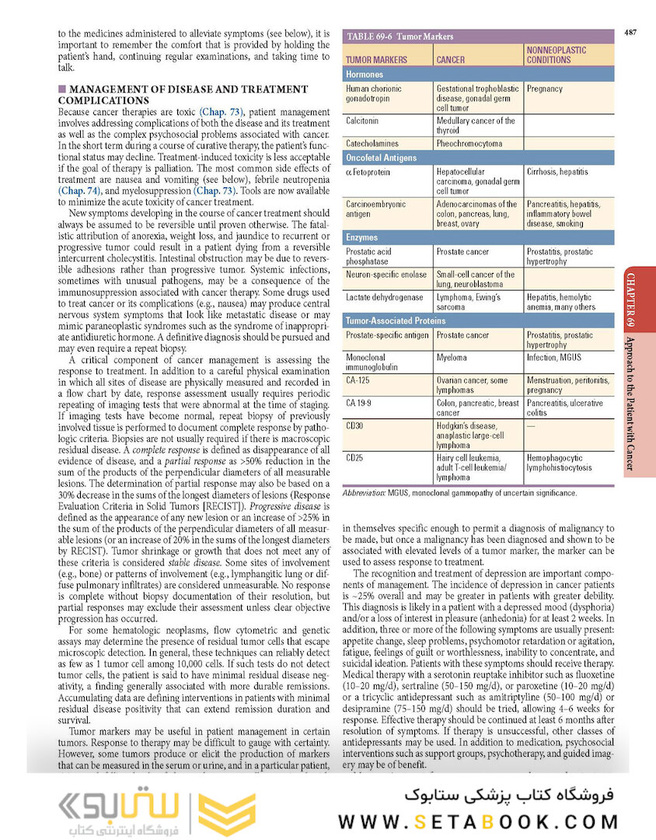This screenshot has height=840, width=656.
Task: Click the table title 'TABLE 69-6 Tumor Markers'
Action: tap(400, 37)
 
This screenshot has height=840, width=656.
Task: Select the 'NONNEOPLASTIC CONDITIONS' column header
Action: tap(557, 54)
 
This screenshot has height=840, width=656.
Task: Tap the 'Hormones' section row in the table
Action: tap(365, 75)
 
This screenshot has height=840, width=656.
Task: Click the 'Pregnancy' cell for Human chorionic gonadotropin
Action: tap(544, 89)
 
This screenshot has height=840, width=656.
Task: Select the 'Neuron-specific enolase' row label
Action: tap(386, 275)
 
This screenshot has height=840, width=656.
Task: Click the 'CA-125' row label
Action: tap(359, 380)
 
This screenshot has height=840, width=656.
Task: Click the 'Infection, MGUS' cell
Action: tap(553, 358)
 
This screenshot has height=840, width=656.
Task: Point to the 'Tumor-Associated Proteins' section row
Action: tap(396, 320)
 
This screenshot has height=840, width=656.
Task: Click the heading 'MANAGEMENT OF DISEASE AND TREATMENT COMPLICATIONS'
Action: tap(183, 95)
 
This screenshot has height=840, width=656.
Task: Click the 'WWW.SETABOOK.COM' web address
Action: tap(479, 821)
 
